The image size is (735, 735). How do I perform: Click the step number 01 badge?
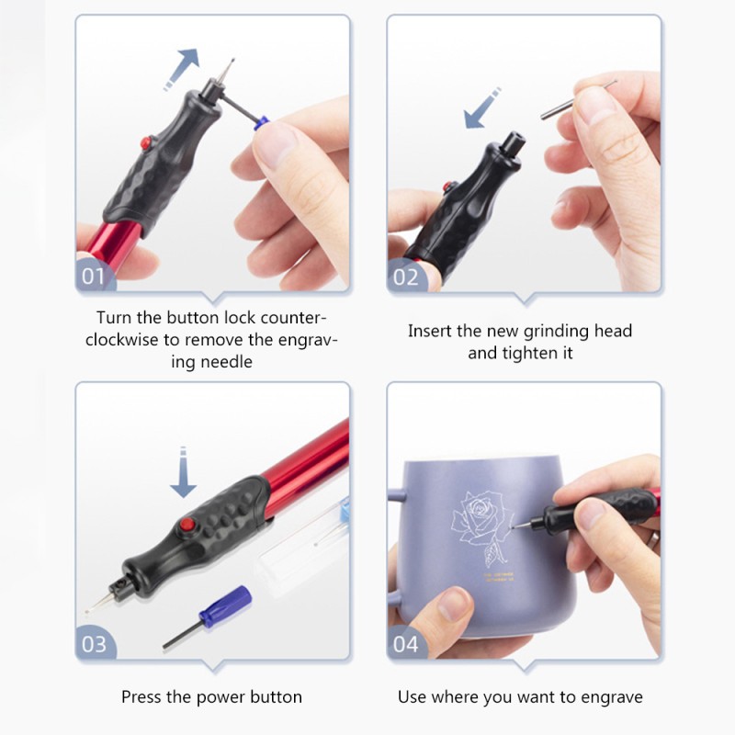click(x=95, y=277)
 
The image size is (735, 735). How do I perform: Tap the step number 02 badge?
click(x=405, y=277)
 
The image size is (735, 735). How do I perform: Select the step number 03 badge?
click(x=95, y=644)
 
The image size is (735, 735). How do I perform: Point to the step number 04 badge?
click(x=405, y=644)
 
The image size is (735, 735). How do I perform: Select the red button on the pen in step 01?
click(x=145, y=143)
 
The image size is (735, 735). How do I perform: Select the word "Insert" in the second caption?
click(x=433, y=331)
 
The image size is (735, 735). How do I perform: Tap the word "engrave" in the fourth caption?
click(x=612, y=696)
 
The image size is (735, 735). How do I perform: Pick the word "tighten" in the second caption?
click(x=529, y=353)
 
